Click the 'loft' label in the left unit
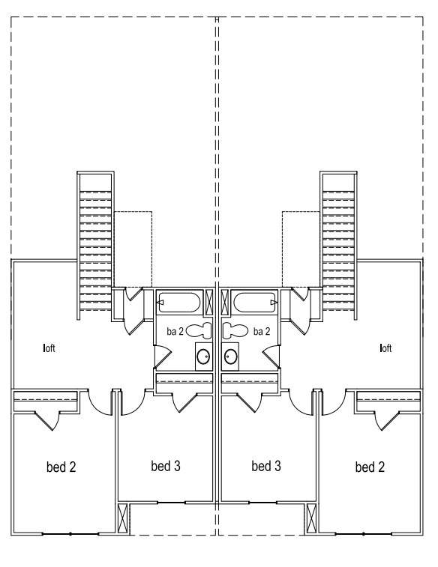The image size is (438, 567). tap(49, 348)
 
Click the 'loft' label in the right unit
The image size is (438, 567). tap(387, 348)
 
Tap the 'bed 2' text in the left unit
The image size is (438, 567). tap(61, 467)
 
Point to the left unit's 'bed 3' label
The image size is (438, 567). tap(165, 466)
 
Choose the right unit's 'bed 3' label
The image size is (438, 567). tap(266, 466)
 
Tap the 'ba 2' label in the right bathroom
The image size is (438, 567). tap(262, 331)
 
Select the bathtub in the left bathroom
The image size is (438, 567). tap(178, 303)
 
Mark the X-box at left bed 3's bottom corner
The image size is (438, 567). tap(124, 518)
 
